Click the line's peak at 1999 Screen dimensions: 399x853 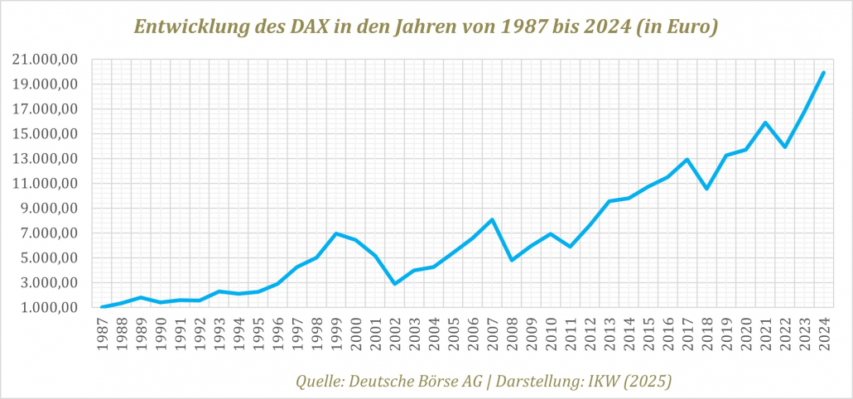[x=336, y=233]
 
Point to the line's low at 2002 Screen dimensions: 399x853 [x=395, y=284]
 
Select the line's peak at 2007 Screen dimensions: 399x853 [x=493, y=219]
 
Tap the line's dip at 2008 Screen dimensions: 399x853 [x=512, y=260]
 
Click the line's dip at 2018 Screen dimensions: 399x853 [x=706, y=189]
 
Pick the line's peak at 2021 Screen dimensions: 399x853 [x=765, y=123]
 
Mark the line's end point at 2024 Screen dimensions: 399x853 [x=823, y=72]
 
